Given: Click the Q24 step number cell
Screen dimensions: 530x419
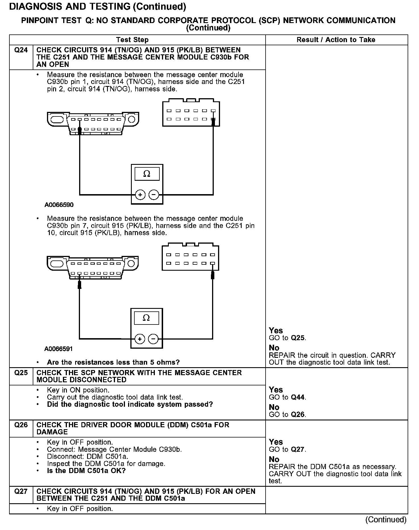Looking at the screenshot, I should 21,50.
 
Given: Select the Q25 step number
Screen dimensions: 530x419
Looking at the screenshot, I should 21,373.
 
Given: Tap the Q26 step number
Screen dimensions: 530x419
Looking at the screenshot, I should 21,425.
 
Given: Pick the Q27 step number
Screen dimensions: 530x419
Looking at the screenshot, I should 21,492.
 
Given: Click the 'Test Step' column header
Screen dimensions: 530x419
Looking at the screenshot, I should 132,40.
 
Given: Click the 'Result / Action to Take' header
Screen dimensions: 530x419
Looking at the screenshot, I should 336,40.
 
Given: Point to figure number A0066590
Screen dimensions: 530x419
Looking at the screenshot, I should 59,205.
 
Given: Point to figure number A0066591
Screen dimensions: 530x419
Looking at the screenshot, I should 59,349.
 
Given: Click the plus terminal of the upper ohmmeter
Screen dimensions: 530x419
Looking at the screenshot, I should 140,195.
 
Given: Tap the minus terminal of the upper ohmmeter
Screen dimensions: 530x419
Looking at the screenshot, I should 154,195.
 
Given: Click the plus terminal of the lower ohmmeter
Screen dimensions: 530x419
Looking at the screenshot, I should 139,339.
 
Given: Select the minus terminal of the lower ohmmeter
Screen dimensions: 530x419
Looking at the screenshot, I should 153,339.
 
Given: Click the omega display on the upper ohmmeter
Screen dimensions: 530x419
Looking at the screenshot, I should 147,174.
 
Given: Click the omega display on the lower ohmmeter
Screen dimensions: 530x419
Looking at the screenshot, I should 146,318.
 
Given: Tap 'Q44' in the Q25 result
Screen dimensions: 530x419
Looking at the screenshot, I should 298,397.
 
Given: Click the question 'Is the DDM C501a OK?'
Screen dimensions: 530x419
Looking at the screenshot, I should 86,471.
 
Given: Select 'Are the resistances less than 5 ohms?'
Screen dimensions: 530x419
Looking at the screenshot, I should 113,362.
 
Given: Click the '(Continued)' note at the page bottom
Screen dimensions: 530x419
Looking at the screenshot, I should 386,519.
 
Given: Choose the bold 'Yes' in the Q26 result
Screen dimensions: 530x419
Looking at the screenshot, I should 276,442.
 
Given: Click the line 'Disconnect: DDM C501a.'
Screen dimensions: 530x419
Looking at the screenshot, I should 88,457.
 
